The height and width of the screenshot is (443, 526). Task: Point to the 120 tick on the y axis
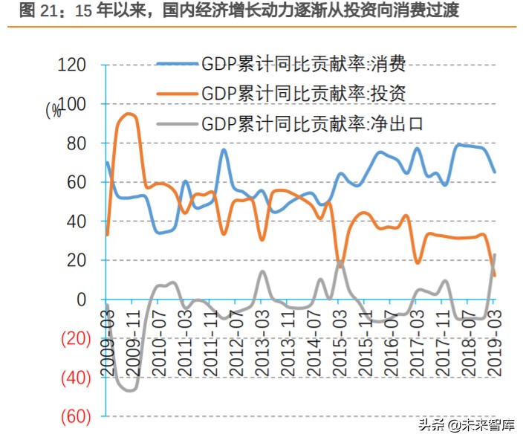pos(71,65)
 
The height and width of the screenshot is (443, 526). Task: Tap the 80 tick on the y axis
pos(78,143)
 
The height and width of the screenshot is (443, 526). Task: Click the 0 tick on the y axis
pos(83,300)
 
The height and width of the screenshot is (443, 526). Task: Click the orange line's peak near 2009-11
pos(129,114)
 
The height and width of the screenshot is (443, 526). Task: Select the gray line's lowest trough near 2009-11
pos(130,390)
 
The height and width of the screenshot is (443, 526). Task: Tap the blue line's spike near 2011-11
pos(224,149)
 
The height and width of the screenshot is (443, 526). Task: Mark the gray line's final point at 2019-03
pos(495,255)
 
